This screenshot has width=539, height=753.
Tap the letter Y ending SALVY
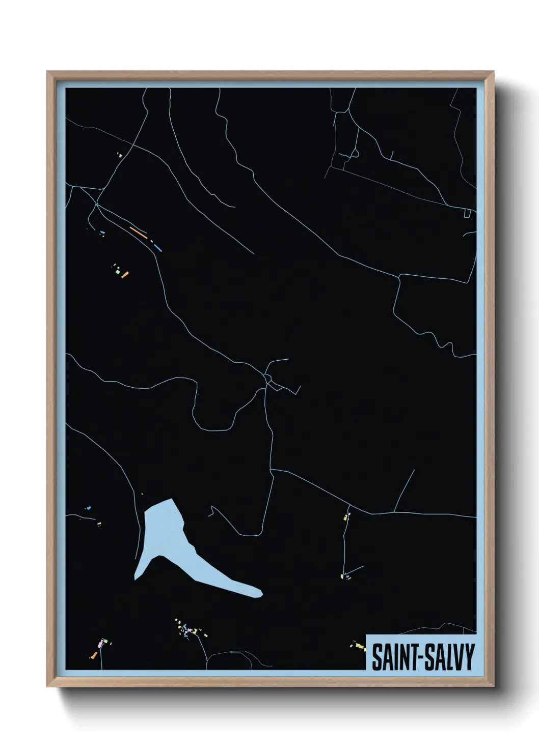(470, 657)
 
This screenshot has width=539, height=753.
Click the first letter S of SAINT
(376, 657)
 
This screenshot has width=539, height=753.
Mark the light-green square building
(118, 273)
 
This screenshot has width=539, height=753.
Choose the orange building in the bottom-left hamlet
(93, 656)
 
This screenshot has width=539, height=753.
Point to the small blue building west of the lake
(89, 508)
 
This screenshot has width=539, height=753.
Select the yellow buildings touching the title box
(360, 647)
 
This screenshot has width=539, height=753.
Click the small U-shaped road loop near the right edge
(467, 214)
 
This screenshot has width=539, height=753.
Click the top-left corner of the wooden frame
(47, 72)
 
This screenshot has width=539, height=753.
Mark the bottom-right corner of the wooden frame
(493, 686)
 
